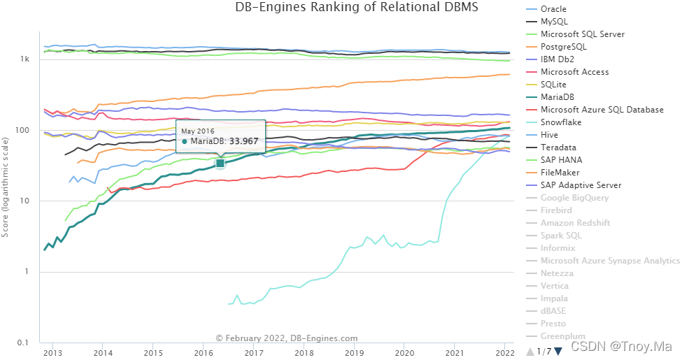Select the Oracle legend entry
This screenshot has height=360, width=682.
click(x=553, y=9)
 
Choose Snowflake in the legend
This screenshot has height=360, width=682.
click(x=561, y=122)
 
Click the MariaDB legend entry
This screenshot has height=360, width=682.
click(x=557, y=97)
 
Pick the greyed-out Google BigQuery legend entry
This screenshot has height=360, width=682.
click(x=574, y=198)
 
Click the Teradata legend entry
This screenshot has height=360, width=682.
click(x=559, y=147)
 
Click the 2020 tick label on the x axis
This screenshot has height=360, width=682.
click(x=405, y=352)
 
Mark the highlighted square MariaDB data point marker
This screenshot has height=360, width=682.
click(x=220, y=163)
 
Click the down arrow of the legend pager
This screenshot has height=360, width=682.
click(x=558, y=351)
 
